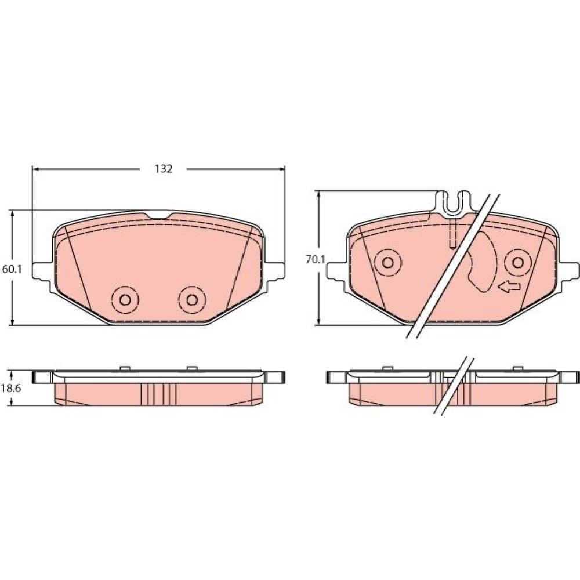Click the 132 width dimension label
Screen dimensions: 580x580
tap(163, 169)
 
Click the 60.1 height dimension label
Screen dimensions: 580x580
tap(12, 269)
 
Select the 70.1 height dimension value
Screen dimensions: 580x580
tap(315, 260)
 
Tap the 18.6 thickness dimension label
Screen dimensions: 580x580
tap(12, 389)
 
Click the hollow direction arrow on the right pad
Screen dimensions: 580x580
tap(509, 286)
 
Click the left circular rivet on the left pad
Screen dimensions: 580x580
tap(125, 300)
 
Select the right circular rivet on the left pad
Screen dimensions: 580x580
tap(191, 300)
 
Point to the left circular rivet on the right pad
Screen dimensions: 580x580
tap(387, 263)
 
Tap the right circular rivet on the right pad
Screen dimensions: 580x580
tap(518, 263)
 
